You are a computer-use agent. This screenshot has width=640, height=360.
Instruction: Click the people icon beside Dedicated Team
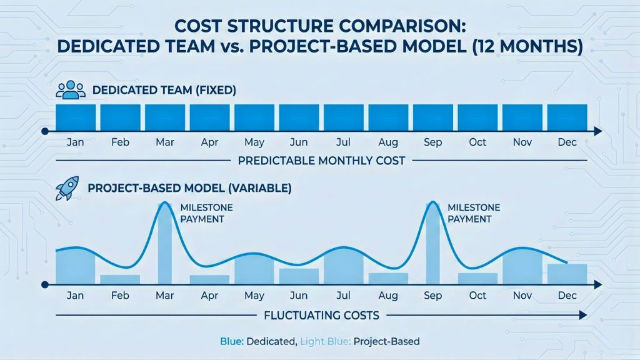pyautogui.click(x=70, y=90)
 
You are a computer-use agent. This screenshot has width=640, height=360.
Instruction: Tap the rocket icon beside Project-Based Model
pyautogui.click(x=67, y=188)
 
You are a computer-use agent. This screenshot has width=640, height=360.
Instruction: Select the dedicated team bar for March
pyautogui.click(x=165, y=117)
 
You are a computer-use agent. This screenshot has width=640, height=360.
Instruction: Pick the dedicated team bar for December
pyautogui.click(x=567, y=117)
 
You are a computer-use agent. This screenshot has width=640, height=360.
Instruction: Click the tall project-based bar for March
pyautogui.click(x=165, y=244)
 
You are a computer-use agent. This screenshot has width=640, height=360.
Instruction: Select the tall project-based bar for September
pyautogui.click(x=432, y=244)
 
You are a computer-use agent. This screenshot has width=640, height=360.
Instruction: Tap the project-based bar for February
pyautogui.click(x=120, y=279)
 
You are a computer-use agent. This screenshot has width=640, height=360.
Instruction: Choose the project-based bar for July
pyautogui.click(x=343, y=266)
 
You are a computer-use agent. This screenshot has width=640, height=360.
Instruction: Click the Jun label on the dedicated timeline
pyautogui.click(x=299, y=142)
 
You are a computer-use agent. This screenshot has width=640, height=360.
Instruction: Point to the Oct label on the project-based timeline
pyautogui.click(x=477, y=296)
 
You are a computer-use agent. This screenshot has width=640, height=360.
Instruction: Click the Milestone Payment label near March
pyautogui.click(x=201, y=213)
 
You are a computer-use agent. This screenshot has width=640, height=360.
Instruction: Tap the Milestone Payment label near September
pyautogui.click(x=469, y=213)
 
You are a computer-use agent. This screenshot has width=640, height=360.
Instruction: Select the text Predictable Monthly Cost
pyautogui.click(x=321, y=161)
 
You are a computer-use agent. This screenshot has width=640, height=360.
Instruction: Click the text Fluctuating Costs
pyautogui.click(x=321, y=316)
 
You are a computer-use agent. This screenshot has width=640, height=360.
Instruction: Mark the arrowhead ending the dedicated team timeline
pyautogui.click(x=597, y=131)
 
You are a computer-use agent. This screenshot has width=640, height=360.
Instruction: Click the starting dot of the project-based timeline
pyautogui.click(x=44, y=284)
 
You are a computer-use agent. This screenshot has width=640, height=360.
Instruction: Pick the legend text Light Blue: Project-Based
pyautogui.click(x=359, y=342)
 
